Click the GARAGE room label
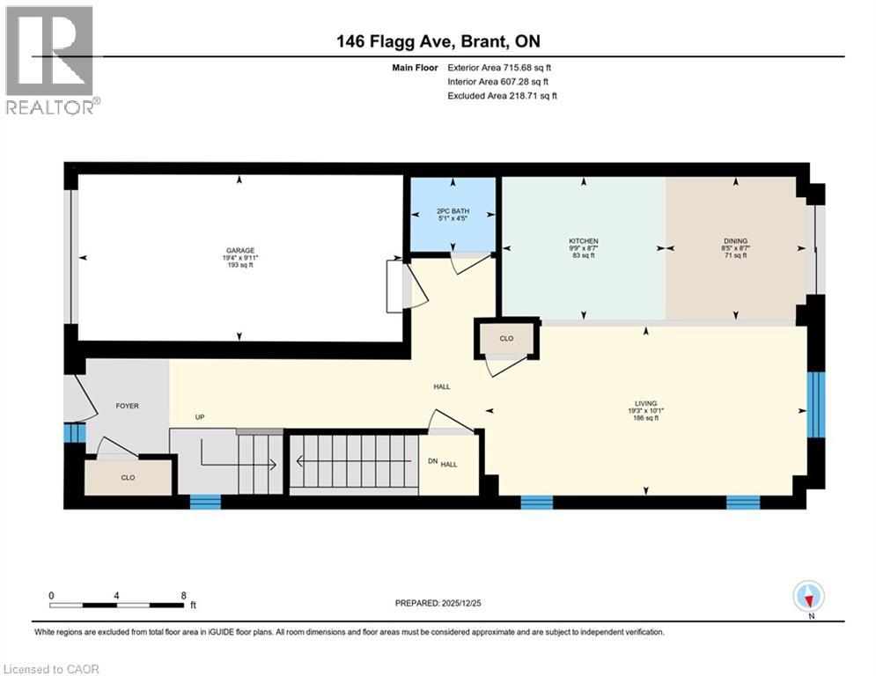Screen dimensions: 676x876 click(x=240, y=250)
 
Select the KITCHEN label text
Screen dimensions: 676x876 click(x=583, y=240)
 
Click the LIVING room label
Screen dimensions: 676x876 click(x=645, y=403)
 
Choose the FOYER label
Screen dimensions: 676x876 click(x=128, y=406)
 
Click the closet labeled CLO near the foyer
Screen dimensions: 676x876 click(x=128, y=477)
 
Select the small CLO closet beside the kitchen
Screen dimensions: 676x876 click(x=505, y=338)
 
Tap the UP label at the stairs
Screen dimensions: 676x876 click(x=200, y=417)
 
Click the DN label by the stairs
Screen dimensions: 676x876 click(x=431, y=461)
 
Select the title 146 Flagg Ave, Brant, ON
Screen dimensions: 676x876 click(x=438, y=41)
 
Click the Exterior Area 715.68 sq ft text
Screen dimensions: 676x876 click(x=499, y=67)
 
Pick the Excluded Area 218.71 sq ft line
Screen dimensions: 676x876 click(x=502, y=95)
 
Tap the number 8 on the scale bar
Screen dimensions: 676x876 click(x=182, y=595)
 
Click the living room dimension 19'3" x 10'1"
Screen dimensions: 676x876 click(x=645, y=410)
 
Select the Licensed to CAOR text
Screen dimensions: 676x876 click(x=51, y=669)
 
